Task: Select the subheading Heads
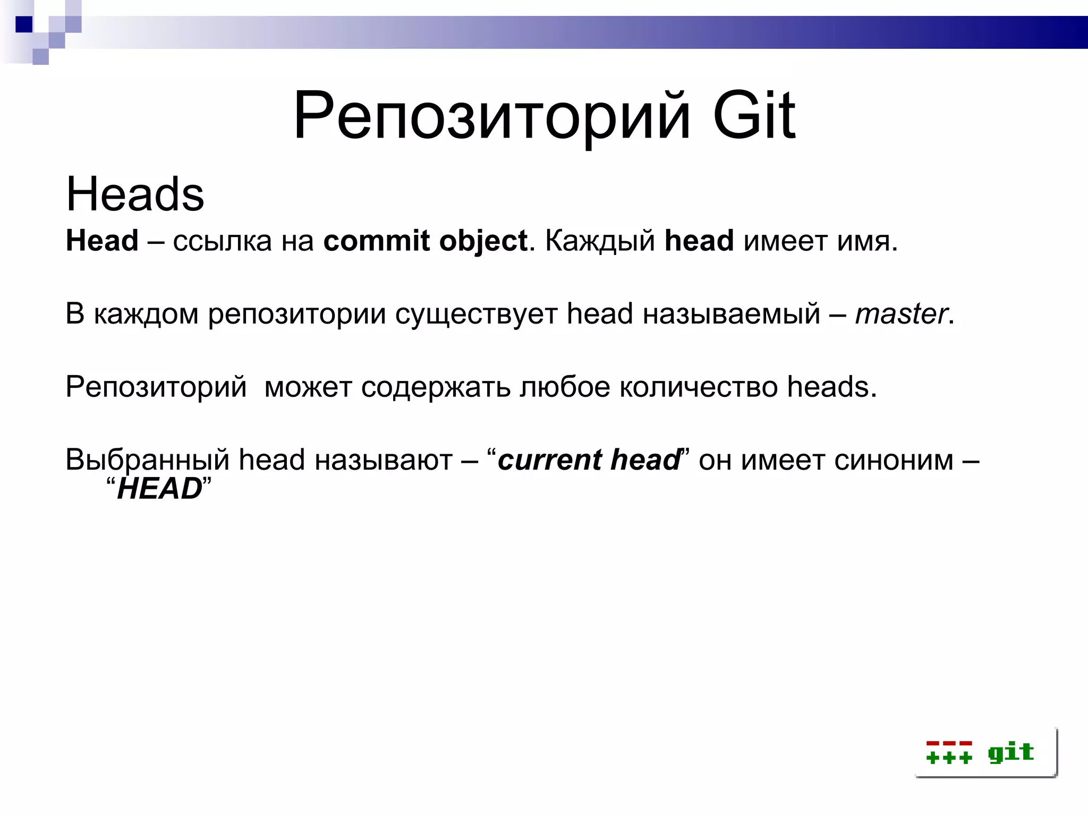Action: click(x=135, y=194)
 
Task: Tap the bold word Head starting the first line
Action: click(x=102, y=241)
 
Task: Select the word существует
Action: click(x=476, y=314)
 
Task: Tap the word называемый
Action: click(x=732, y=314)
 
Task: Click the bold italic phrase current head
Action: click(x=589, y=460)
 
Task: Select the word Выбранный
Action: click(x=147, y=460)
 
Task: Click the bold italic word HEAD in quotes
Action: click(x=159, y=489)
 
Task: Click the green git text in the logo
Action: click(x=1010, y=752)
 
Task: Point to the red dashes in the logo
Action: click(x=949, y=743)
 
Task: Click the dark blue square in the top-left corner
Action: click(x=24, y=24)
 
